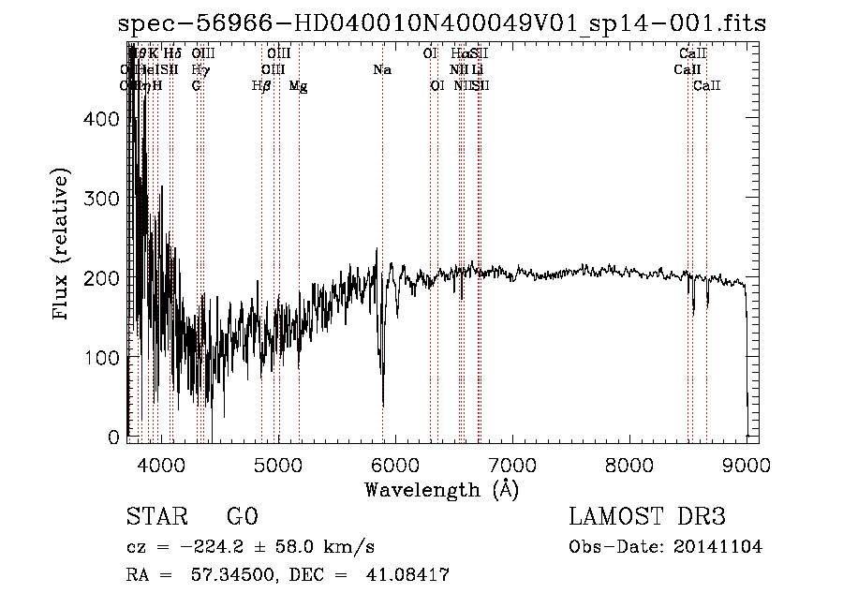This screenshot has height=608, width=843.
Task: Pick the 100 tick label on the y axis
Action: (x=104, y=358)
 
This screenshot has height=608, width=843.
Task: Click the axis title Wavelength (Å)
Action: (x=441, y=488)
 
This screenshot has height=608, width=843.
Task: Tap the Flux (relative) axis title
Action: (x=63, y=246)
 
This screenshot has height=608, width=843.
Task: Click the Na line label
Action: (x=382, y=70)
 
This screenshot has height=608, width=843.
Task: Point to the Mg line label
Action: (x=298, y=86)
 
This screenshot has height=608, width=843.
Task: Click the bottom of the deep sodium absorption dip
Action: (x=383, y=405)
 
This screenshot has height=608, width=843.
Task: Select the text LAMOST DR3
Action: (x=646, y=517)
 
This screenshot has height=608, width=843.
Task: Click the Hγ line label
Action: (x=200, y=70)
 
